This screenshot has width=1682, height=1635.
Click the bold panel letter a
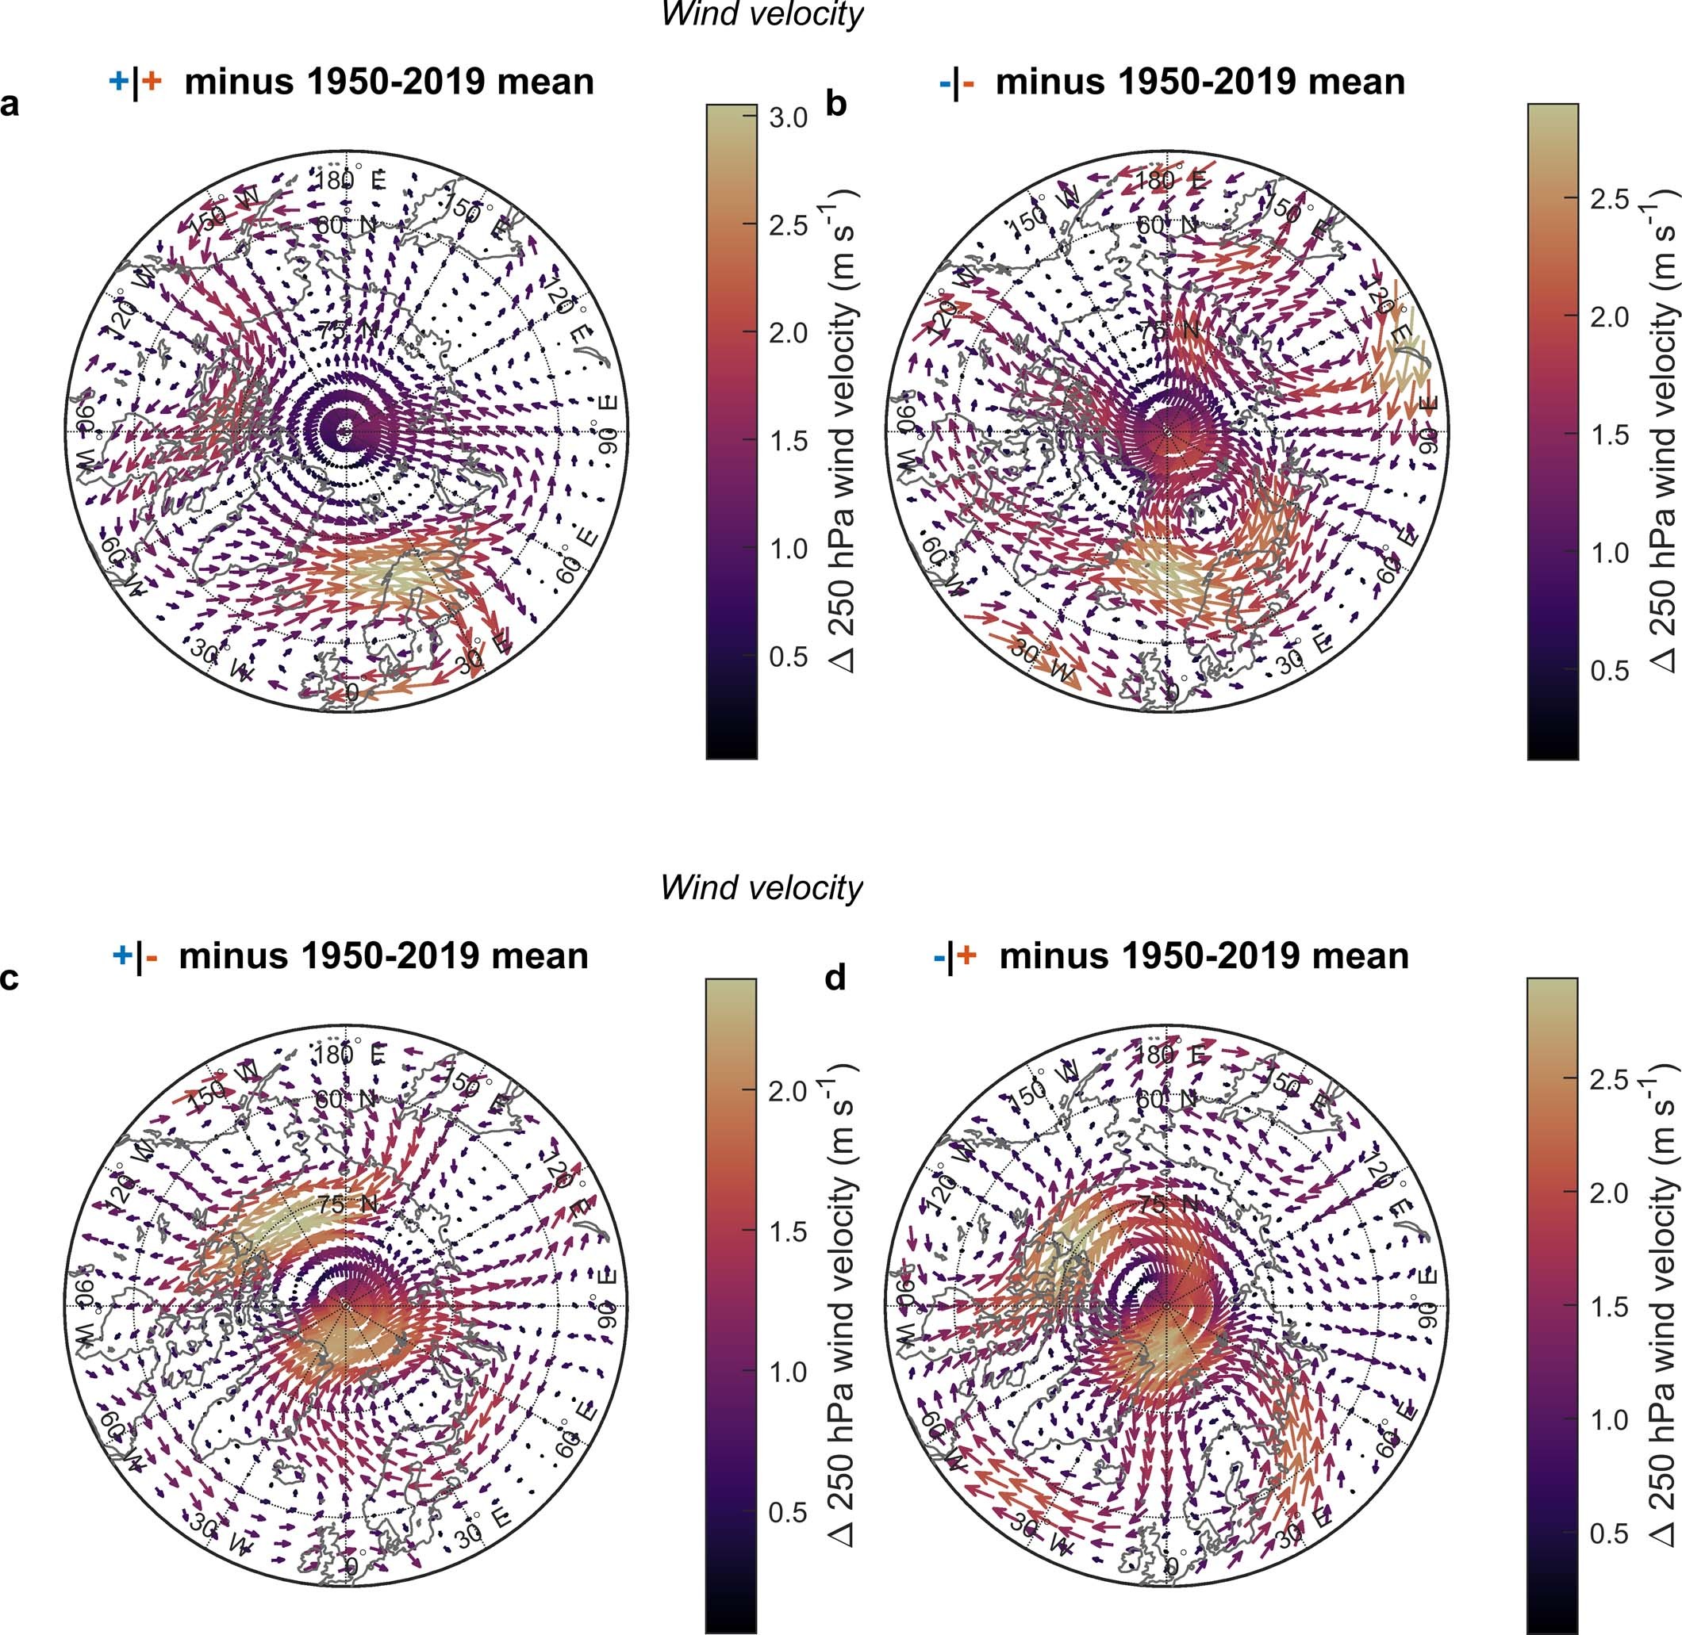point(10,105)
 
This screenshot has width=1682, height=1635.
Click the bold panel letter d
point(835,978)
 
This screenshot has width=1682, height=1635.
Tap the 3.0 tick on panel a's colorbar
point(788,117)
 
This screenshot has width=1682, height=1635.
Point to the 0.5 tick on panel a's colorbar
point(788,656)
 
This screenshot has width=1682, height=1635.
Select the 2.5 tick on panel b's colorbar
point(1609,198)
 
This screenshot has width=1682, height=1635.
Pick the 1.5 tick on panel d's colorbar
point(1609,1307)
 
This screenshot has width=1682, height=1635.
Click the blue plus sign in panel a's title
point(118,82)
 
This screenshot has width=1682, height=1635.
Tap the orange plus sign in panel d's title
point(967,955)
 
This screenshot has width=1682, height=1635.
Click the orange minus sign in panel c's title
point(152,956)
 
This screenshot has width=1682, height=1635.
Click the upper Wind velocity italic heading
point(761,13)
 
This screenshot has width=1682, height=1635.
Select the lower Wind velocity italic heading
point(761,887)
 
